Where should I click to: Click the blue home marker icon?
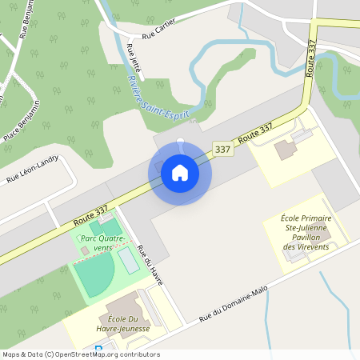click(180, 172)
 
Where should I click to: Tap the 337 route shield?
click(223, 149)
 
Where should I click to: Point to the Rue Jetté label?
click(134, 61)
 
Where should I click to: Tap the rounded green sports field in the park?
click(94, 277)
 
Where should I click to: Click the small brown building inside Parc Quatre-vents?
click(85, 251)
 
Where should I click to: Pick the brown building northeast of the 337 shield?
click(285, 150)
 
